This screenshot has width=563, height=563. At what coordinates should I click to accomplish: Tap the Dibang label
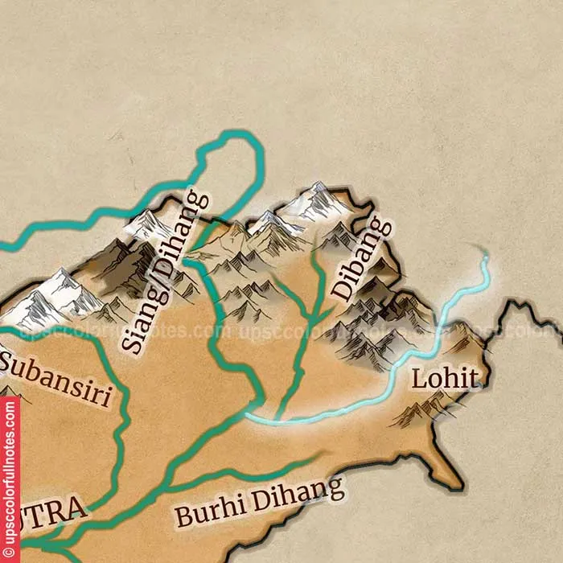(361, 259)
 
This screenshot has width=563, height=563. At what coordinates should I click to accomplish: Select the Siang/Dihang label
(164, 272)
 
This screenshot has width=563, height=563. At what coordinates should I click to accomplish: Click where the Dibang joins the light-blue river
(278, 419)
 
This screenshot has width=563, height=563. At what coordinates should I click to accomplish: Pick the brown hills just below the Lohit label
(422, 412)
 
